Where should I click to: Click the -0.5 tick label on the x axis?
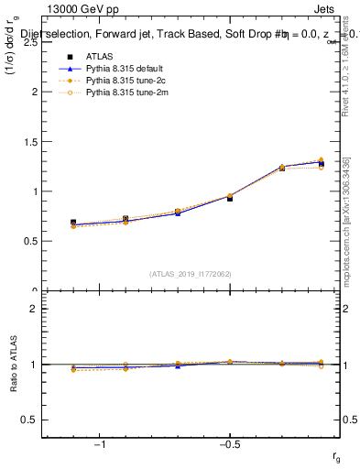point(228,444)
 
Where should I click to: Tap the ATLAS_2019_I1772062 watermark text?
point(191,273)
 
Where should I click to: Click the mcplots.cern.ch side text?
point(350,247)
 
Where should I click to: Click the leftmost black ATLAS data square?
point(73,223)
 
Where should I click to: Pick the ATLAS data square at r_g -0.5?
point(230,198)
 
